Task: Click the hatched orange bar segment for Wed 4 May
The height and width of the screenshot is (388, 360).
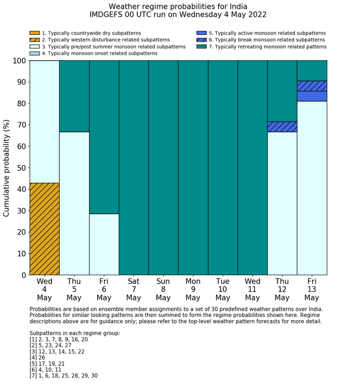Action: pyautogui.click(x=44, y=229)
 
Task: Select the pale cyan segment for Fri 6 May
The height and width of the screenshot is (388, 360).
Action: pyautogui.click(x=104, y=244)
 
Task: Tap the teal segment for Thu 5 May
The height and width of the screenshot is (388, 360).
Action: pyautogui.click(x=74, y=96)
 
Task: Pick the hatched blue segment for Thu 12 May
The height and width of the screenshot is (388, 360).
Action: pyautogui.click(x=282, y=127)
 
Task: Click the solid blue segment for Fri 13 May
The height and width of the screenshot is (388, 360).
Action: pyautogui.click(x=312, y=96)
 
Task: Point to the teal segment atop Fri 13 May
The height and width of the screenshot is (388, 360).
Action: pyautogui.click(x=312, y=70)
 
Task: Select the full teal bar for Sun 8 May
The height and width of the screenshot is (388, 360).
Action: pyautogui.click(x=164, y=168)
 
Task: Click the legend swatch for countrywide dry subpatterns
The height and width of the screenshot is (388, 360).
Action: pyautogui.click(x=34, y=33)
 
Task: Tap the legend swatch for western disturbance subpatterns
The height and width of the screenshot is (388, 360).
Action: pyautogui.click(x=34, y=40)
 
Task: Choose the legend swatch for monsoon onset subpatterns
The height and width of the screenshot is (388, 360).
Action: pyautogui.click(x=34, y=53)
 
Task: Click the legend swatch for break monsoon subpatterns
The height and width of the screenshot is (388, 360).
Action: pyautogui.click(x=202, y=40)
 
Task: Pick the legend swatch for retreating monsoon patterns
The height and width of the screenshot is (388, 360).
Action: pyautogui.click(x=202, y=46)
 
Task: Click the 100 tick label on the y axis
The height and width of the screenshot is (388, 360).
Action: pyautogui.click(x=19, y=61)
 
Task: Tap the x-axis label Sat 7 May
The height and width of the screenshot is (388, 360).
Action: pyautogui.click(x=134, y=289)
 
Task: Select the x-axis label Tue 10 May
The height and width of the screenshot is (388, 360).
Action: pyautogui.click(x=223, y=289)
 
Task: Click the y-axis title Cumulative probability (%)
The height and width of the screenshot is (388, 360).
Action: pyautogui.click(x=7, y=168)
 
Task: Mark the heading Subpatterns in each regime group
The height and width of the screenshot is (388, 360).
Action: pyautogui.click(x=75, y=333)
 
